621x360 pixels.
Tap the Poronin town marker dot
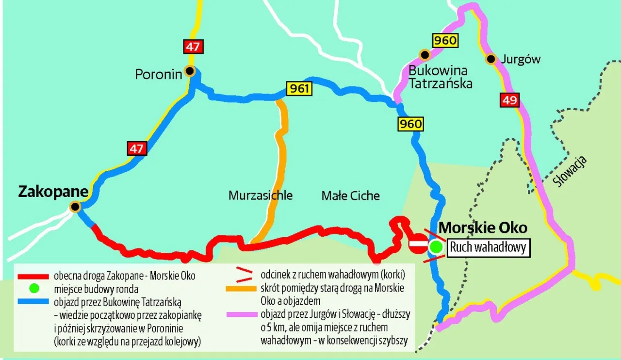190,71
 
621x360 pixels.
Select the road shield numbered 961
299,89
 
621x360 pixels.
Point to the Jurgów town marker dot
491,59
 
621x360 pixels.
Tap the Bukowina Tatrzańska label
441,76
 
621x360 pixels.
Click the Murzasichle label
261,196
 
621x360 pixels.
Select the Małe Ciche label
350,196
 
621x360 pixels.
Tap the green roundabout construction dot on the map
436,247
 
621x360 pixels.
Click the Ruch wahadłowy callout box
488,247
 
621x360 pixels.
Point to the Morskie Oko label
483,228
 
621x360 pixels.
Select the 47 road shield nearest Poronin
193,47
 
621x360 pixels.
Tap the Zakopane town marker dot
75,207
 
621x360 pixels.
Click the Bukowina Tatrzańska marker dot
425,54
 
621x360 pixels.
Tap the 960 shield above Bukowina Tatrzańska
445,40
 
